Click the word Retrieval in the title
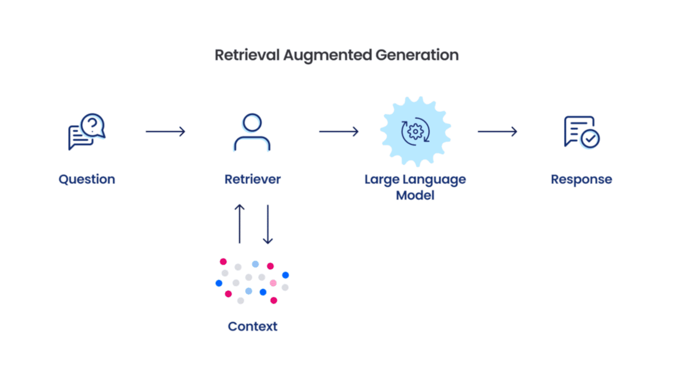coord(247,55)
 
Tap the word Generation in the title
coord(417,55)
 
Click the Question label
coord(87,179)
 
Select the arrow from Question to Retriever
coord(165,132)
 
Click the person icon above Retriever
coord(252,132)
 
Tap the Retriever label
coord(253,179)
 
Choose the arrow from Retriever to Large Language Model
coord(338,132)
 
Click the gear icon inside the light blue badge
coord(415,132)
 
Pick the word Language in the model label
coord(434,179)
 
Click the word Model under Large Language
coord(415,195)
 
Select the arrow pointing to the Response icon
coord(497,132)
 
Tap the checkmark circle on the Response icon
coord(590,138)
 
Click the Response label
coord(581,179)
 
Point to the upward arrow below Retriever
coord(239,224)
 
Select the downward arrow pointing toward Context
coord(268,224)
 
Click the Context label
coord(253,326)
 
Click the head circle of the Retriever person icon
coord(252,122)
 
